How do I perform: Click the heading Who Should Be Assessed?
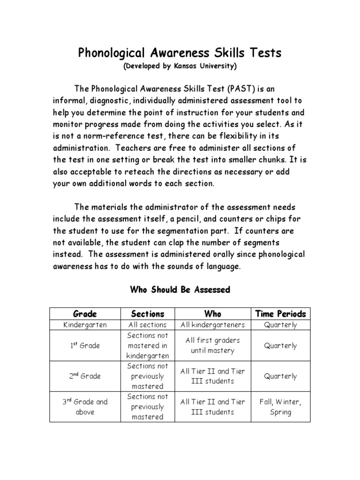pyautogui.click(x=180, y=290)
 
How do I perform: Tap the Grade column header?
pyautogui.click(x=85, y=314)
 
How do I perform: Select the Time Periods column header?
pyautogui.click(x=280, y=314)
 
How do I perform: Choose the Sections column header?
pyautogui.click(x=148, y=314)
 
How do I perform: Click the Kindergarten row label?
pyautogui.click(x=85, y=325)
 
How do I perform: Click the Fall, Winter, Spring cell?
pyautogui.click(x=280, y=407)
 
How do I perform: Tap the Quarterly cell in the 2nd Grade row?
pyautogui.click(x=280, y=376)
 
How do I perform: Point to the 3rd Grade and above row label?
pyautogui.click(x=85, y=407)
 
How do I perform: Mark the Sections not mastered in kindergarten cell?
pyautogui.click(x=148, y=345)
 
